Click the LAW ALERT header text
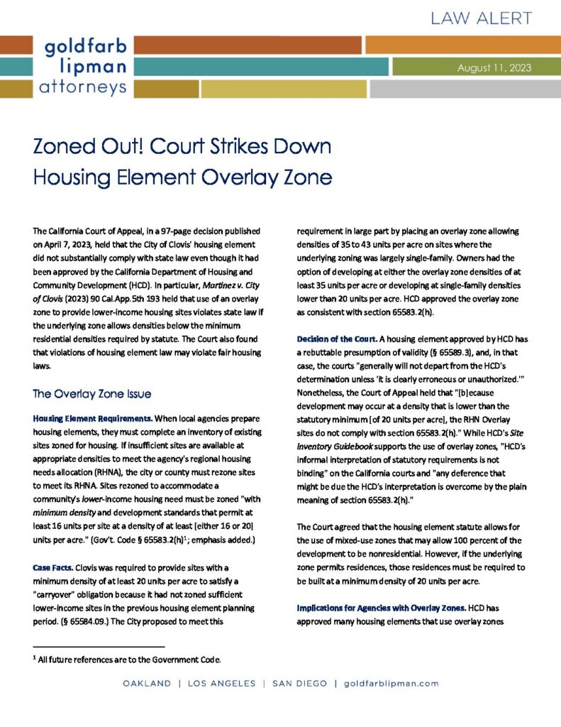click(479, 17)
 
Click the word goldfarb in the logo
click(86, 47)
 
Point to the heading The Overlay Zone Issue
click(92, 393)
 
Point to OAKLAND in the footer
click(147, 684)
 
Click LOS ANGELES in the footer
click(221, 684)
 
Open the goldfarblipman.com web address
click(391, 684)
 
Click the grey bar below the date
click(465, 89)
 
